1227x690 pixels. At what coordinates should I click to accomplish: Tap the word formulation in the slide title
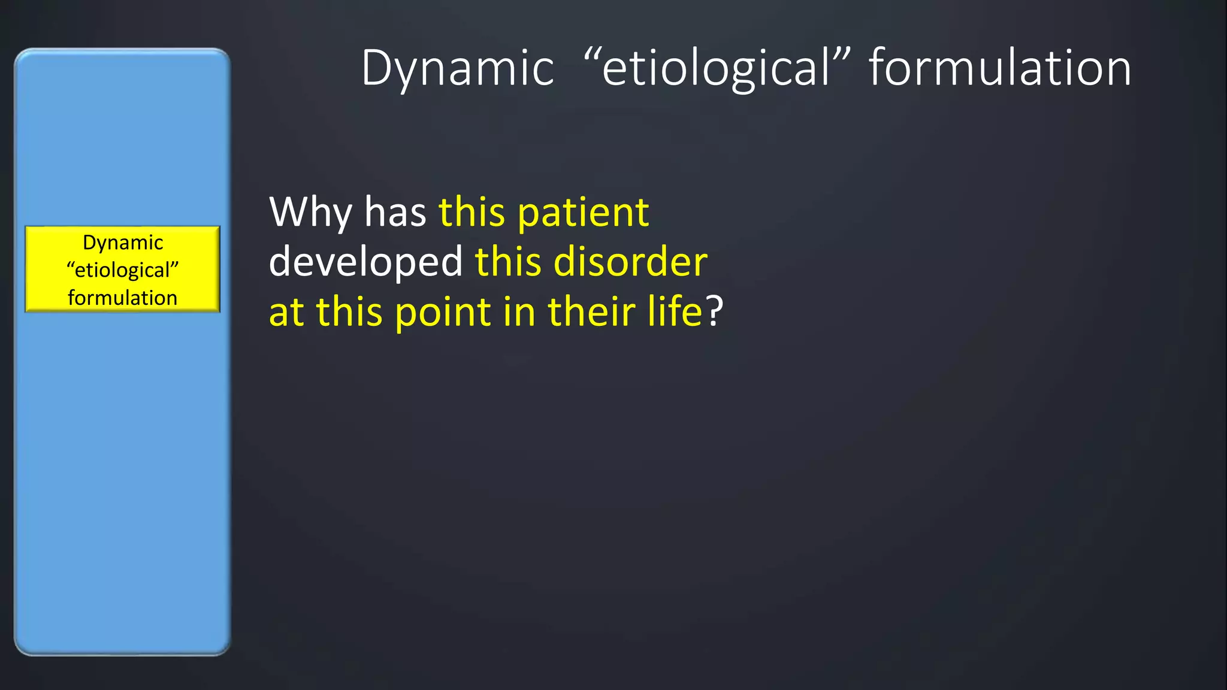coord(1000,68)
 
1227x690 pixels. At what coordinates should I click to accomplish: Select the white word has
coord(395,213)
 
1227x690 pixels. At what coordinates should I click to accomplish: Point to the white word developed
coord(365,262)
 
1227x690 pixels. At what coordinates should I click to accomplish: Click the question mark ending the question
coord(715,312)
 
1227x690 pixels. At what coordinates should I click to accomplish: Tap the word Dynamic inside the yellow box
coord(123,243)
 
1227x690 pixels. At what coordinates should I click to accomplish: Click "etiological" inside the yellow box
coord(123,270)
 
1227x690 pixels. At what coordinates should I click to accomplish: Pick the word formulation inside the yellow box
coord(123,298)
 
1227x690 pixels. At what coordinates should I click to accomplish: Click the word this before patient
coord(472,213)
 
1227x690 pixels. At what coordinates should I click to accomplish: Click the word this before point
coord(349,312)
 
